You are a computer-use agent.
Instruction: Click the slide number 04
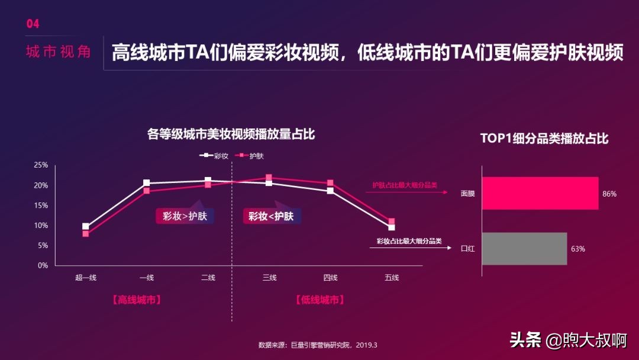pos(33,24)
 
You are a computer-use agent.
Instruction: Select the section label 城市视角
pos(58,52)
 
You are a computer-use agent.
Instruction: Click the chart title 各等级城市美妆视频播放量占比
pos(231,134)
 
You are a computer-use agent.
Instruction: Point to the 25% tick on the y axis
pos(41,165)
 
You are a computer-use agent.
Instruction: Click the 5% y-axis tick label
pos(43,246)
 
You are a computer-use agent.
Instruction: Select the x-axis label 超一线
pos(86,278)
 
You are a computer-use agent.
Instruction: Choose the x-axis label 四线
pos(330,278)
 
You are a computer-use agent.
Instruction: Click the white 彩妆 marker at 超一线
pos(86,226)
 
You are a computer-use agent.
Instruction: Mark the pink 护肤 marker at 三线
pos(269,177)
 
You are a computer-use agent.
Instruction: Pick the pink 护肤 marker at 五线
pos(391,221)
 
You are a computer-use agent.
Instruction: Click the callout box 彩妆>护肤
pos(185,216)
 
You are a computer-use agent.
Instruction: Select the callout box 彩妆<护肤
pos(271,216)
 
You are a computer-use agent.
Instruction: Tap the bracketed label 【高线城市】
pos(137,300)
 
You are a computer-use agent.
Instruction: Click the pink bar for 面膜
pos(540,193)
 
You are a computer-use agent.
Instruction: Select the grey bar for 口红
pos(524,249)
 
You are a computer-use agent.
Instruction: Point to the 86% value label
pos(609,194)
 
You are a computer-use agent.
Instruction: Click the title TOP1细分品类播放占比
pos(544,139)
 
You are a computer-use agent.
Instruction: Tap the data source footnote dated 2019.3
pos(318,345)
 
